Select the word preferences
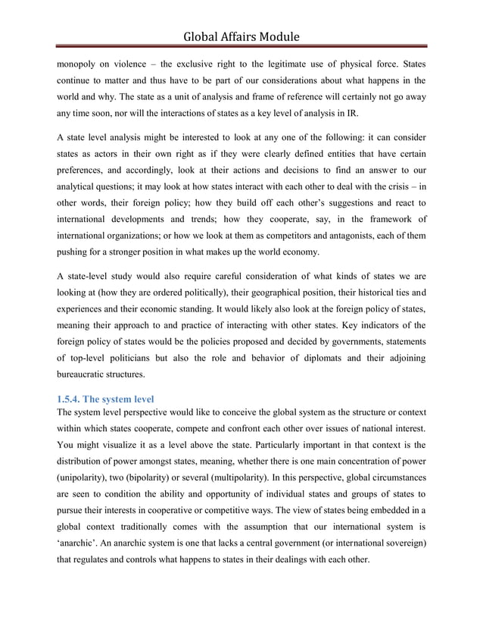pyautogui.click(x=86, y=171)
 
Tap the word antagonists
pyautogui.click(x=382, y=234)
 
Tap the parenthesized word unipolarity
pyautogui.click(x=88, y=477)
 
